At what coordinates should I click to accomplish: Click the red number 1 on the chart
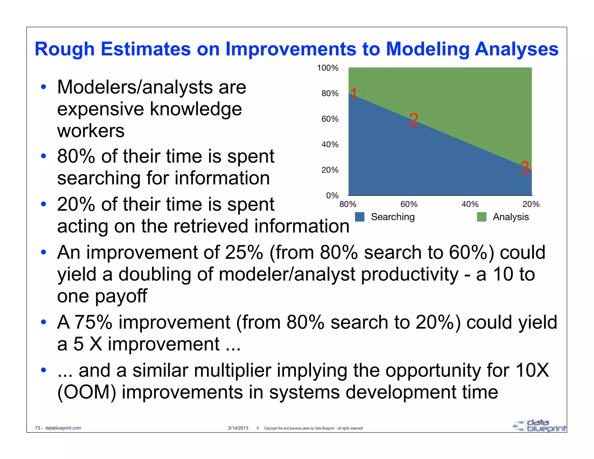[x=354, y=94]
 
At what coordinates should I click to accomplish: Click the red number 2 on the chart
[x=414, y=120]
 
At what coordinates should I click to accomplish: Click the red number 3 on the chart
[x=525, y=168]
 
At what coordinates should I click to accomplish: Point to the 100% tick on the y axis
[x=328, y=68]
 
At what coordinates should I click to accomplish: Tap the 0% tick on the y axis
[x=332, y=195]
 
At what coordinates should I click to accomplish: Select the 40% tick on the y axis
[x=330, y=144]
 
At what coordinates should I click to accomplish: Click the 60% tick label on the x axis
[x=409, y=204]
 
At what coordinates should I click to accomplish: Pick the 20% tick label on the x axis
[x=531, y=204]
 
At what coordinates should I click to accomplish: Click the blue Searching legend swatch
[x=359, y=217]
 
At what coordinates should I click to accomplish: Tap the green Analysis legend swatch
[x=481, y=217]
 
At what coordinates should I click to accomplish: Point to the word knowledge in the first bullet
[x=196, y=109]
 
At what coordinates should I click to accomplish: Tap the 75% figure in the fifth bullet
[x=93, y=322]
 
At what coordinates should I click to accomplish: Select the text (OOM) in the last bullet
[x=86, y=392]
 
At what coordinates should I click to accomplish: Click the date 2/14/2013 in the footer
[x=238, y=428]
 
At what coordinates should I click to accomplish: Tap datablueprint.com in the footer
[x=63, y=428]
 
